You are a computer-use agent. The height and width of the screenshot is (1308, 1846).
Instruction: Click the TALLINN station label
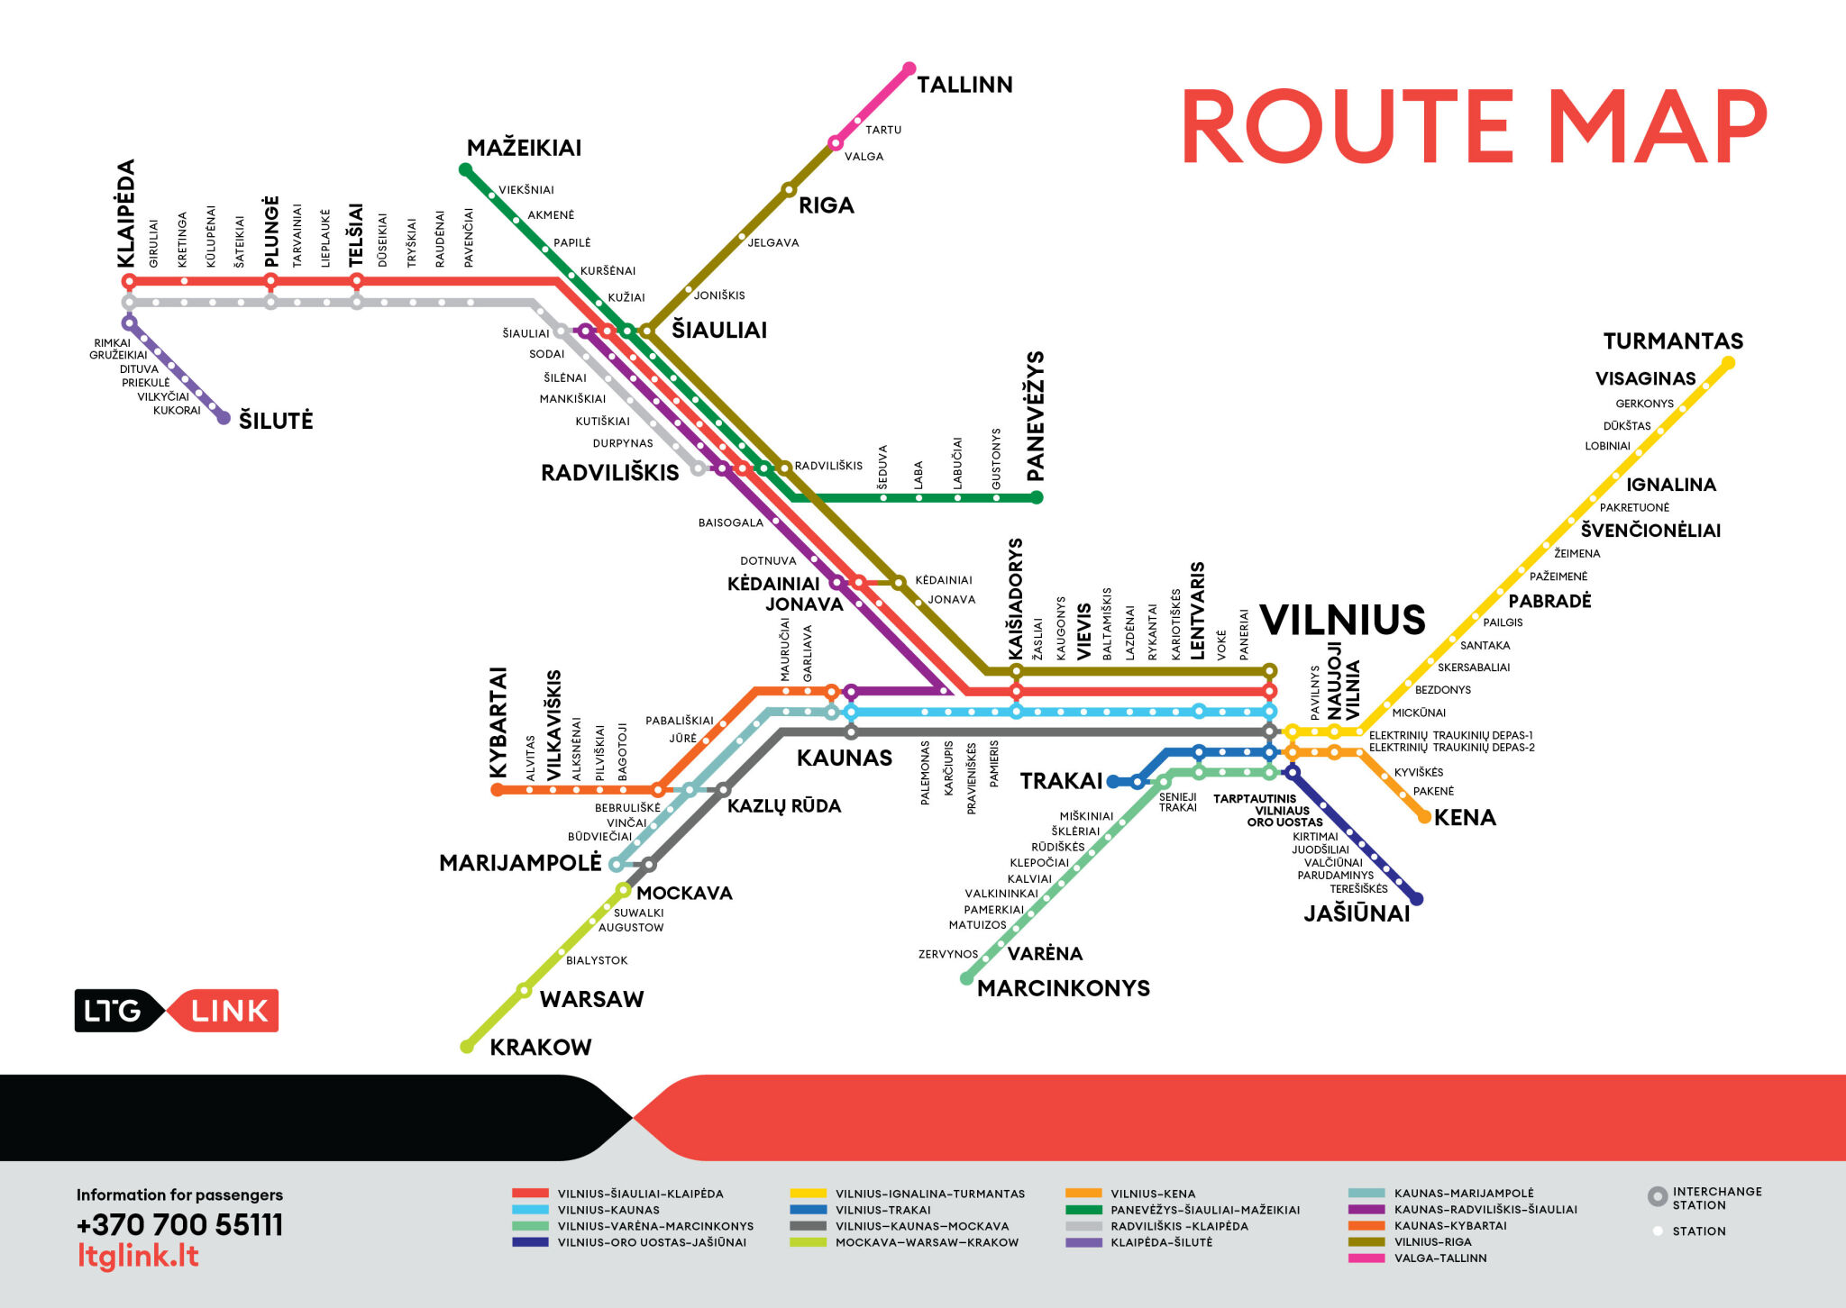pos(964,85)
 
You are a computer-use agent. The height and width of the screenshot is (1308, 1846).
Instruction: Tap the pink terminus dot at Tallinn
pos(909,68)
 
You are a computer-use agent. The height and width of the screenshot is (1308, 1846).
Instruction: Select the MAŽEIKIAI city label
pos(524,148)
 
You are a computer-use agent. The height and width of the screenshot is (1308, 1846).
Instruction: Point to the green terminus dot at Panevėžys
pos(1037,497)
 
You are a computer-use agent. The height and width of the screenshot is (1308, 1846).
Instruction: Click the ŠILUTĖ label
pos(276,421)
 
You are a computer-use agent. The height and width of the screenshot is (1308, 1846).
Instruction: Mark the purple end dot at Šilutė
pos(224,418)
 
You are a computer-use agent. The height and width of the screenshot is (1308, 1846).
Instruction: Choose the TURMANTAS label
pos(1673,341)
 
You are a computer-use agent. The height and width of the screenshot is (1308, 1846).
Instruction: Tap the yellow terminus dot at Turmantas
pos(1728,363)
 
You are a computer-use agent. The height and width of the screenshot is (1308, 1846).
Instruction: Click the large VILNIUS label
pos(1342,620)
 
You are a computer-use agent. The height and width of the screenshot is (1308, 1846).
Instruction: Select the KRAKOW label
pos(541,1047)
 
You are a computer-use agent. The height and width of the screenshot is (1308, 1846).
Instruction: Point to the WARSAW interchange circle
pos(524,991)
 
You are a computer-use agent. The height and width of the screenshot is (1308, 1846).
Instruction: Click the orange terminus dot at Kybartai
pos(497,790)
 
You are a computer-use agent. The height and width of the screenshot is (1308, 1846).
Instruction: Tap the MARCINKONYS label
pos(1064,988)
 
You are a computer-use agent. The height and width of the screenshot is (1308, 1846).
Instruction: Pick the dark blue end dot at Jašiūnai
pos(1416,898)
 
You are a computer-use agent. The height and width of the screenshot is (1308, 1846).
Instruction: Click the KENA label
pos(1465,818)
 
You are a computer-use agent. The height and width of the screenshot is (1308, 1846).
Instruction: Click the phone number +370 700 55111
pos(179,1225)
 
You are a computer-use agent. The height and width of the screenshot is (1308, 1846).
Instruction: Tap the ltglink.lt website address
pos(138,1256)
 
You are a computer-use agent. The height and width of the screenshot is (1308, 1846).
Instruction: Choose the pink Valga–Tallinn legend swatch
pos(1366,1258)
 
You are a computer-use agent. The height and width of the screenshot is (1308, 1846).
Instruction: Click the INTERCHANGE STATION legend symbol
pos(1657,1196)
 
